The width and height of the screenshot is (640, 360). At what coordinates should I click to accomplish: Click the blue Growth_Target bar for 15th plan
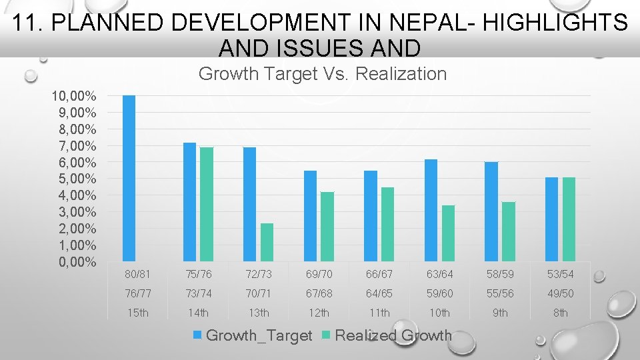pyautogui.click(x=129, y=178)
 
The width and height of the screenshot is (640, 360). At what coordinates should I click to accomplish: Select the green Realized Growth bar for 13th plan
pyautogui.click(x=267, y=242)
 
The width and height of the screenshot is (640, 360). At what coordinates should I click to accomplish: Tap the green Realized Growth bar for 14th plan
pyautogui.click(x=207, y=204)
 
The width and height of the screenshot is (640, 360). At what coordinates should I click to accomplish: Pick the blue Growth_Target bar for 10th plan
pyautogui.click(x=431, y=210)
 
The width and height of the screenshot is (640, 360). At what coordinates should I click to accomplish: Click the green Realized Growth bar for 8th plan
pyautogui.click(x=569, y=219)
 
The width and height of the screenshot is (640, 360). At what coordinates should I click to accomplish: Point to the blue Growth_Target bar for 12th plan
pyautogui.click(x=310, y=215)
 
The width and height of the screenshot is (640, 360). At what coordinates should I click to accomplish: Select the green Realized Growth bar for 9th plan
pyautogui.click(x=509, y=231)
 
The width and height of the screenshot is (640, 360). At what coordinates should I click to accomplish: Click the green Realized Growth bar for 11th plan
pyautogui.click(x=387, y=224)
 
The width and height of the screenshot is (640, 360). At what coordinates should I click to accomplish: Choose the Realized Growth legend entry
pyautogui.click(x=387, y=335)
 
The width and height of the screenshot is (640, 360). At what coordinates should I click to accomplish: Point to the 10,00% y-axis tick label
pyautogui.click(x=74, y=96)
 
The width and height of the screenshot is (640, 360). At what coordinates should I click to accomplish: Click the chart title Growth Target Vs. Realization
pyautogui.click(x=323, y=74)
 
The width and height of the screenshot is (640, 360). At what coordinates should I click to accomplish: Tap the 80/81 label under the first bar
pyautogui.click(x=138, y=274)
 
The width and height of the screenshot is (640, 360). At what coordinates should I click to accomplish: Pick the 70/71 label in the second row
pyautogui.click(x=259, y=293)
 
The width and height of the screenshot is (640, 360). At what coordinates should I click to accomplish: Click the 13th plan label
pyautogui.click(x=259, y=313)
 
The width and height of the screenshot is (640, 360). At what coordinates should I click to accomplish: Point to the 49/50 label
pyautogui.click(x=561, y=293)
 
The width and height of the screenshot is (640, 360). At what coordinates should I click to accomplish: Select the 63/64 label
pyautogui.click(x=440, y=274)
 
